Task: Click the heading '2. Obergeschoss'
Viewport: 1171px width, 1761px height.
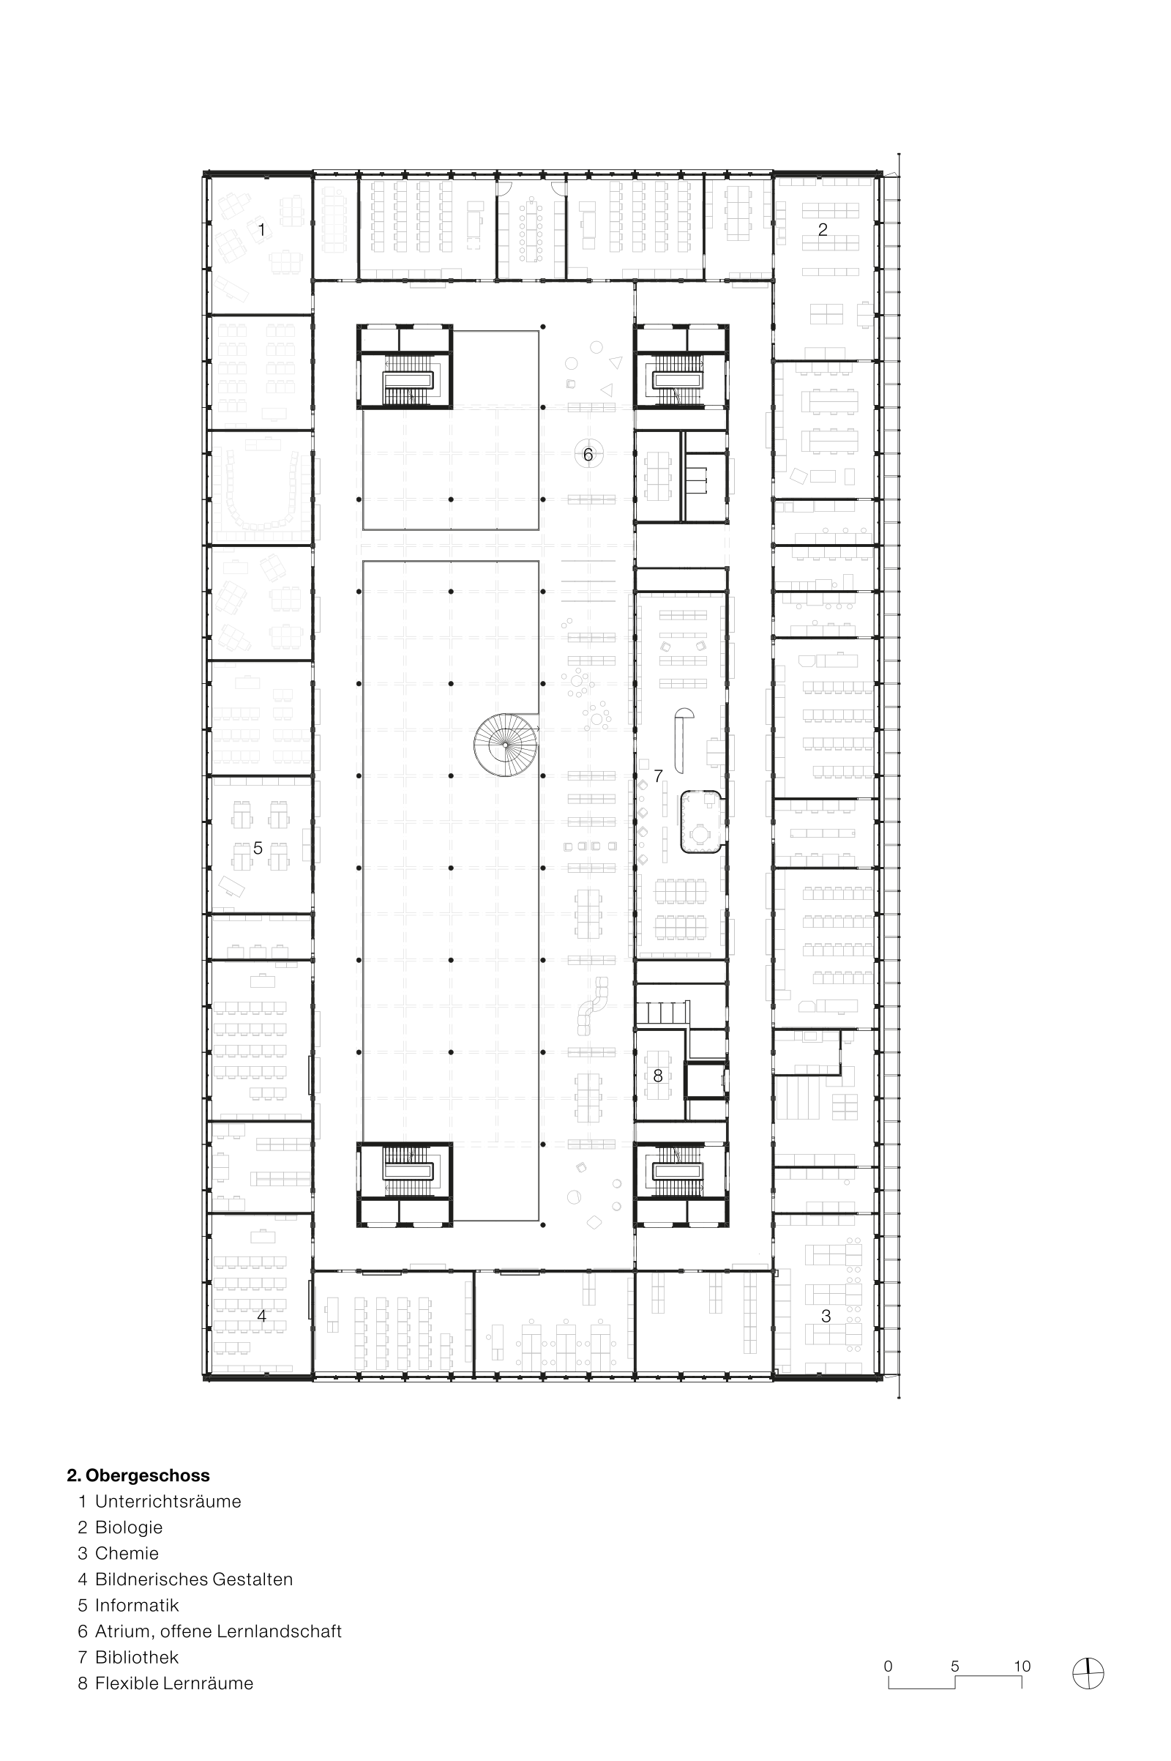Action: [138, 1475]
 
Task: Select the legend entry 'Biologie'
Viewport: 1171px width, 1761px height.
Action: [129, 1527]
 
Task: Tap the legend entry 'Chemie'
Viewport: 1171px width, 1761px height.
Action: [127, 1553]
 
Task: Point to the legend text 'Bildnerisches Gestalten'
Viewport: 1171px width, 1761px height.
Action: [193, 1579]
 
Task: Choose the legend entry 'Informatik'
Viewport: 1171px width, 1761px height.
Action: [137, 1605]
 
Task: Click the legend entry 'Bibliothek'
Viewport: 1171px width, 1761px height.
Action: [137, 1657]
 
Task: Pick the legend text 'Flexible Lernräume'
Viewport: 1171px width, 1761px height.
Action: [174, 1683]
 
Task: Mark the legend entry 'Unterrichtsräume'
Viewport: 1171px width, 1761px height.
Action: [168, 1501]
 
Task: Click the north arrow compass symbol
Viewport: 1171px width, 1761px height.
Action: [1088, 1673]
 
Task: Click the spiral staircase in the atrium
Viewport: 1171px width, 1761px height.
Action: [506, 745]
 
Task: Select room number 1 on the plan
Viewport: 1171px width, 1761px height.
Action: [261, 229]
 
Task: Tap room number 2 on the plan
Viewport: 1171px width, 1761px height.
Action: [822, 229]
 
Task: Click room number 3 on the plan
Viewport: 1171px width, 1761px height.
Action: [826, 1317]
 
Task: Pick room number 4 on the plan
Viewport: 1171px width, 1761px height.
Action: [261, 1317]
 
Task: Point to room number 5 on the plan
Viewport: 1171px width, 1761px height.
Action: [258, 848]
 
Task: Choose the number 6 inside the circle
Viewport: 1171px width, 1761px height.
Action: [588, 454]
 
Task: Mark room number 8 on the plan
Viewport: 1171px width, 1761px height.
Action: [657, 1076]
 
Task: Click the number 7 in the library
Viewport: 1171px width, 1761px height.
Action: [657, 776]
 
